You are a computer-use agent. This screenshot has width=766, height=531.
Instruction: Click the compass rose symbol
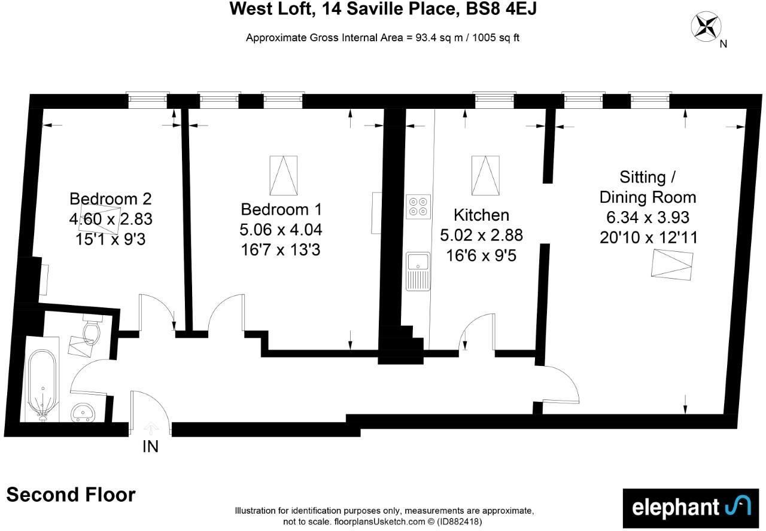pos(706,26)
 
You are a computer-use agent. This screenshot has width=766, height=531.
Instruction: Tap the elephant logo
pos(691,508)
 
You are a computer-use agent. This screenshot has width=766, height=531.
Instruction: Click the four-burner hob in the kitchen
pos(418,206)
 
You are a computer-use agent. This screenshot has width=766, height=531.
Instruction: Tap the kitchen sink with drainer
pos(418,271)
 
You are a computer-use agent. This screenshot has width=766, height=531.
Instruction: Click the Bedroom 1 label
pos(281,209)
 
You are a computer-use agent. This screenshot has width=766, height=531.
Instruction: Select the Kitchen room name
pos(481,215)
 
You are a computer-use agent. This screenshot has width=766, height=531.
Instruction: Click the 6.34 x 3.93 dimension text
pos(648,216)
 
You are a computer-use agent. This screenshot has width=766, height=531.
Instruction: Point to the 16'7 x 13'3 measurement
pos(281,249)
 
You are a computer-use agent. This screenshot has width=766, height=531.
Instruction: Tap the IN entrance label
pos(150,446)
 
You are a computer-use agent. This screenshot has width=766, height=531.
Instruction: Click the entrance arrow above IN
pos(151,428)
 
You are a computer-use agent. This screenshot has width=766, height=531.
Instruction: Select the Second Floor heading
pos(71,495)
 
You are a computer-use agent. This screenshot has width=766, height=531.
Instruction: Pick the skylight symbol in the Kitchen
pos(485,175)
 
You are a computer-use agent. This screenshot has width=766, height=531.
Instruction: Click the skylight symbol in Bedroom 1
pos(284,175)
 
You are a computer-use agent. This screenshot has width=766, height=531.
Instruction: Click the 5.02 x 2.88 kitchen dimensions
pos(481,235)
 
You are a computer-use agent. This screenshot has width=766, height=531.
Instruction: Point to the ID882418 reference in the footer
pos(459,521)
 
